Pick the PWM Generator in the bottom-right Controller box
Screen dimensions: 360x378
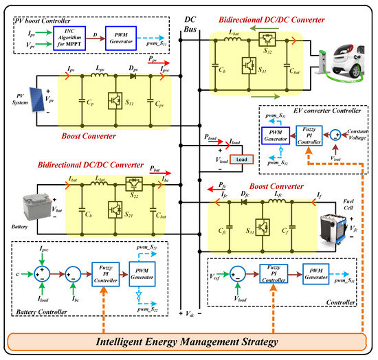pos(317,273)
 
